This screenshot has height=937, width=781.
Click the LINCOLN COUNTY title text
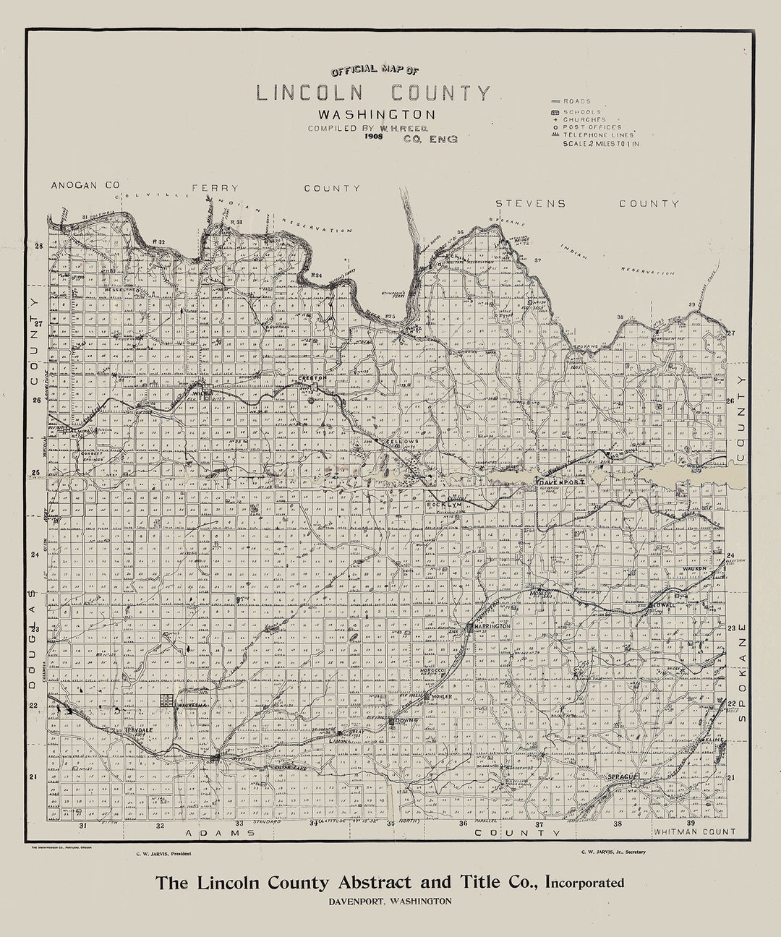(372, 93)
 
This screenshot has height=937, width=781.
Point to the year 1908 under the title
(374, 136)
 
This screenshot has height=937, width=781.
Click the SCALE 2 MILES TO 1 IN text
(601, 143)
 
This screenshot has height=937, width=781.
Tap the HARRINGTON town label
(493, 626)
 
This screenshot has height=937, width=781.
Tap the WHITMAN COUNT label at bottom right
(694, 832)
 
